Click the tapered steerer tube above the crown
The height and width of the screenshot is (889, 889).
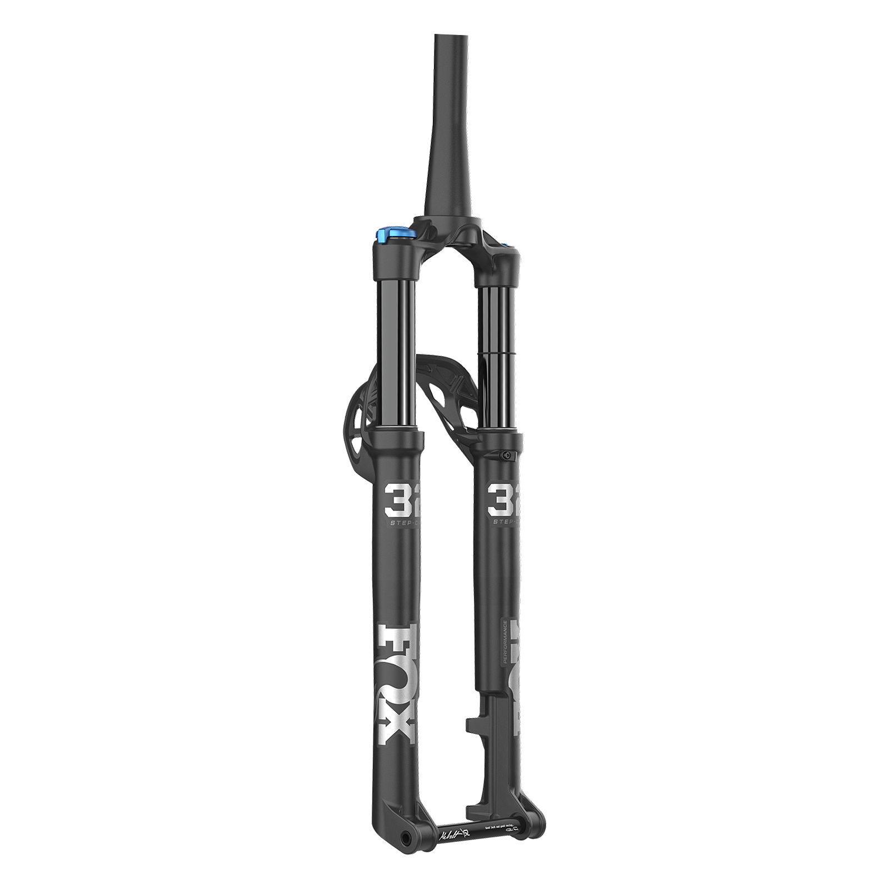click(x=443, y=139)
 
